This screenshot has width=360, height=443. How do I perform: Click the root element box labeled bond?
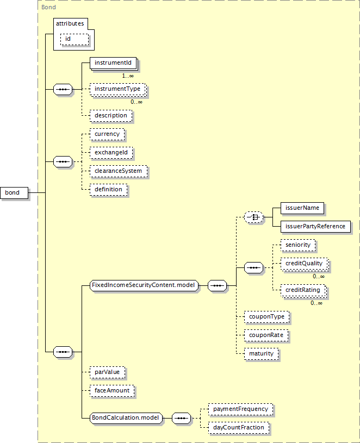(14, 192)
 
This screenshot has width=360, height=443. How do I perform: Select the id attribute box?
(75, 39)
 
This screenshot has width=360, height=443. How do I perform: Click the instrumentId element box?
(113, 63)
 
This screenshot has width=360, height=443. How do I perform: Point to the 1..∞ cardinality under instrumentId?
(128, 76)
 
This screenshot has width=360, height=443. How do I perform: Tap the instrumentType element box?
(118, 89)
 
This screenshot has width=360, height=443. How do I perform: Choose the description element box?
(111, 116)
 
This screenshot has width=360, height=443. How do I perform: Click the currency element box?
(107, 134)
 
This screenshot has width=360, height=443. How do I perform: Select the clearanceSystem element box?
(119, 171)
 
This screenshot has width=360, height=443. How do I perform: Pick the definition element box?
(109, 190)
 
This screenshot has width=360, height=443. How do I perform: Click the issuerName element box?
(302, 208)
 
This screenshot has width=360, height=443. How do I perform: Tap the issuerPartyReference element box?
(315, 227)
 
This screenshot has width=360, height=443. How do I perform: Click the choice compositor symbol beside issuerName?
(253, 217)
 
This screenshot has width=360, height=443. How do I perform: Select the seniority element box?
(298, 245)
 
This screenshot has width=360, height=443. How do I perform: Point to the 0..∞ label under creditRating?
(316, 303)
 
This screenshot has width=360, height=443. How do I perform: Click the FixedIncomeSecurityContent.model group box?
(144, 285)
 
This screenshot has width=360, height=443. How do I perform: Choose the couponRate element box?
(266, 335)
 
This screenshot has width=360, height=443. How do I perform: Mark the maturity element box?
(262, 354)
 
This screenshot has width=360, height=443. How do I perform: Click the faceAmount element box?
(112, 391)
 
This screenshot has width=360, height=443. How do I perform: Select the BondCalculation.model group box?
(126, 418)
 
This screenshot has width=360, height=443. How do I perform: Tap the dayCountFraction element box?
(239, 428)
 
